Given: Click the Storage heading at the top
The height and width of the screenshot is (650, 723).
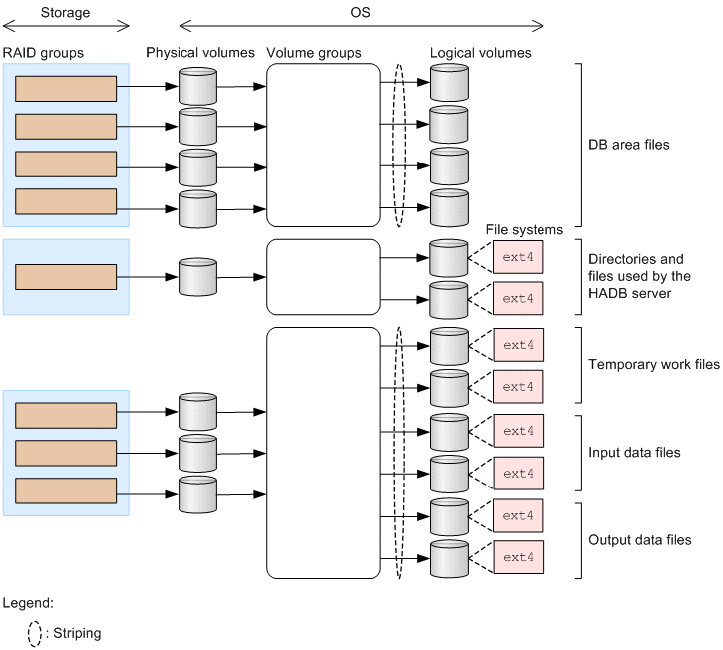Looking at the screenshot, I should tap(65, 14).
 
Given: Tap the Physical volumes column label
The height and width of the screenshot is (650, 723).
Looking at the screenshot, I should tap(199, 52).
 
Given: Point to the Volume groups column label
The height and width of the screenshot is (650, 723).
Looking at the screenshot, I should tap(314, 52).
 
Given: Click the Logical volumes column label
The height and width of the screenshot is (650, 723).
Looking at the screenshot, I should tap(480, 52).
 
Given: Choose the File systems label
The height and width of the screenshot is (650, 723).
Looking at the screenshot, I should tap(524, 230).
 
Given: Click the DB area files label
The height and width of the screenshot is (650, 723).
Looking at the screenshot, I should tap(628, 145).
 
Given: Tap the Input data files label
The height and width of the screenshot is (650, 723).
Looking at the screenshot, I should tap(634, 452).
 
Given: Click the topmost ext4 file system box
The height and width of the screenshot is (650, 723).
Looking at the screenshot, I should tap(519, 257).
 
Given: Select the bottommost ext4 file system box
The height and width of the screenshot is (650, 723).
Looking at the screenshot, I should tap(519, 557).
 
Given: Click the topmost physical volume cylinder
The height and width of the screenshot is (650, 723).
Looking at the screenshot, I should tap(197, 86).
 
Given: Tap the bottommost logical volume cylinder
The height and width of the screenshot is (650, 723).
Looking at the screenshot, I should tap(448, 557).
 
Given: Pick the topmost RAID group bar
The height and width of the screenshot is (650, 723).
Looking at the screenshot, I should tap(67, 88).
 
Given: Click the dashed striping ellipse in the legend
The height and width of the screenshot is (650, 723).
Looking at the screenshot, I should tap(34, 632).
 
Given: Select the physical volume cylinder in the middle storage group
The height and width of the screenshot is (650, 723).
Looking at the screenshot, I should tap(197, 276).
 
